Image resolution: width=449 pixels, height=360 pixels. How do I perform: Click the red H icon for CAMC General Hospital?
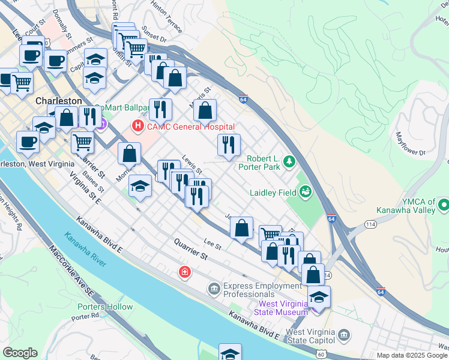tap(138, 127)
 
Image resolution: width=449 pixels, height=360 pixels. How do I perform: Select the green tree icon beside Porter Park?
tap(289, 162)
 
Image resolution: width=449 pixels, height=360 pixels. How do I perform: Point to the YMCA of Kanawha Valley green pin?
tap(444, 206)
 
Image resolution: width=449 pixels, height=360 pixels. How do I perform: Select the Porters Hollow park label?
tap(105, 307)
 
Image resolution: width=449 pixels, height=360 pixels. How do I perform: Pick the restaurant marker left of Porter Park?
tap(229, 145)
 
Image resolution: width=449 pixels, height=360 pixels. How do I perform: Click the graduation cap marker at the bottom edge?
tap(230, 353)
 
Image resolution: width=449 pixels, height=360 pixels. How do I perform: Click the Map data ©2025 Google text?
tap(412, 355)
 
